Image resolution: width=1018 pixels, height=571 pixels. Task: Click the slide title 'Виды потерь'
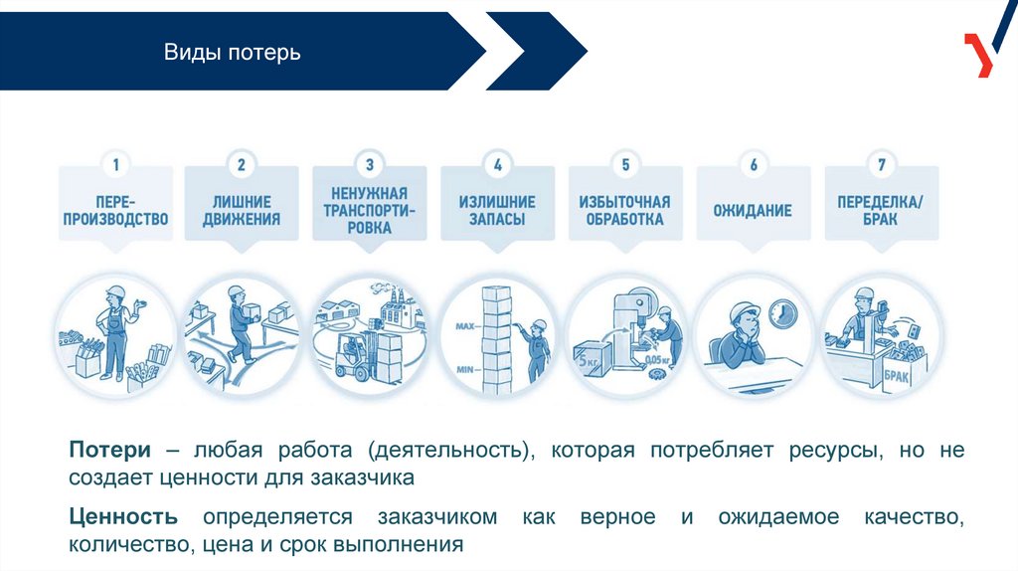click(x=232, y=51)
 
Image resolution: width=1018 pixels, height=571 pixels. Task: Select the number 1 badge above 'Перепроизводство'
click(x=115, y=164)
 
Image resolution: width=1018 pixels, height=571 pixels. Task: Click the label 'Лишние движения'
click(x=242, y=210)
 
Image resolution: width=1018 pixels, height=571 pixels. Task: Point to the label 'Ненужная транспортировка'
click(x=370, y=209)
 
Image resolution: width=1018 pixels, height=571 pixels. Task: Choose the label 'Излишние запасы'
click(x=497, y=210)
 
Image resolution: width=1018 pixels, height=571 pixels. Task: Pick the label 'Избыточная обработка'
click(x=624, y=210)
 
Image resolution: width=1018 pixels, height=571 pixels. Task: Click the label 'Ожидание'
click(x=753, y=211)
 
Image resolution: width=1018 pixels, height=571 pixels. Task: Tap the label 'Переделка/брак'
click(x=880, y=210)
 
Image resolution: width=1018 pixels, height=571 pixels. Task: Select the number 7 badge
click(x=880, y=164)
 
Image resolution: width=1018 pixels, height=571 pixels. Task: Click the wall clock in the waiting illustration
click(x=782, y=313)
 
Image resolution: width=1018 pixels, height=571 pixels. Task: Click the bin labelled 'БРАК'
click(x=899, y=376)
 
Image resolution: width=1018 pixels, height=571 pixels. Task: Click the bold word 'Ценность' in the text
click(x=124, y=517)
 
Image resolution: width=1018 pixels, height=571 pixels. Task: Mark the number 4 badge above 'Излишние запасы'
click(x=497, y=164)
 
